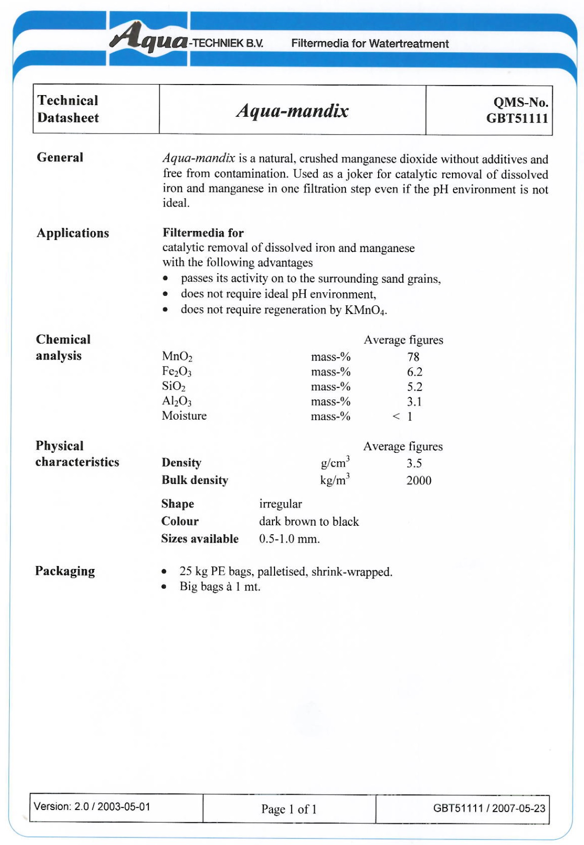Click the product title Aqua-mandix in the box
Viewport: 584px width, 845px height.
(292, 111)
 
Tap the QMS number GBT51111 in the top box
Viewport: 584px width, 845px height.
(517, 119)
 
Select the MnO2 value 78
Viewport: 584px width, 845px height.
(413, 357)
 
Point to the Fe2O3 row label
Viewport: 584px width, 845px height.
(177, 372)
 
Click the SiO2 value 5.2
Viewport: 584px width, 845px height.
(415, 386)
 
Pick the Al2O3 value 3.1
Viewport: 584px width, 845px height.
(415, 401)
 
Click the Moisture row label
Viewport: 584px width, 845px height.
(184, 416)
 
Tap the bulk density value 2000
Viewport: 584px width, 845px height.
(418, 481)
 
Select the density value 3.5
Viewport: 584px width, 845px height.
(414, 463)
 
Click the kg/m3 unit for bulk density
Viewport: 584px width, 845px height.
(335, 480)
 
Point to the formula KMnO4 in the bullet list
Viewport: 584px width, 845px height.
(365, 310)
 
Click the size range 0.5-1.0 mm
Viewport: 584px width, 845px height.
(289, 539)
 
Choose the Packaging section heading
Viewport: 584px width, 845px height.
(65, 571)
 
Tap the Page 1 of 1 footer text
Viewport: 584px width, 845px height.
(289, 809)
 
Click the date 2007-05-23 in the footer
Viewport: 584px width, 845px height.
(518, 809)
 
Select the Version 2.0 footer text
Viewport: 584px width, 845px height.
(92, 807)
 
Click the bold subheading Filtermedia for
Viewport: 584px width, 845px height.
(203, 233)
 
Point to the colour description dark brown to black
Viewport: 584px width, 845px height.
(309, 521)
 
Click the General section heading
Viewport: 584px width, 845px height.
(60, 157)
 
